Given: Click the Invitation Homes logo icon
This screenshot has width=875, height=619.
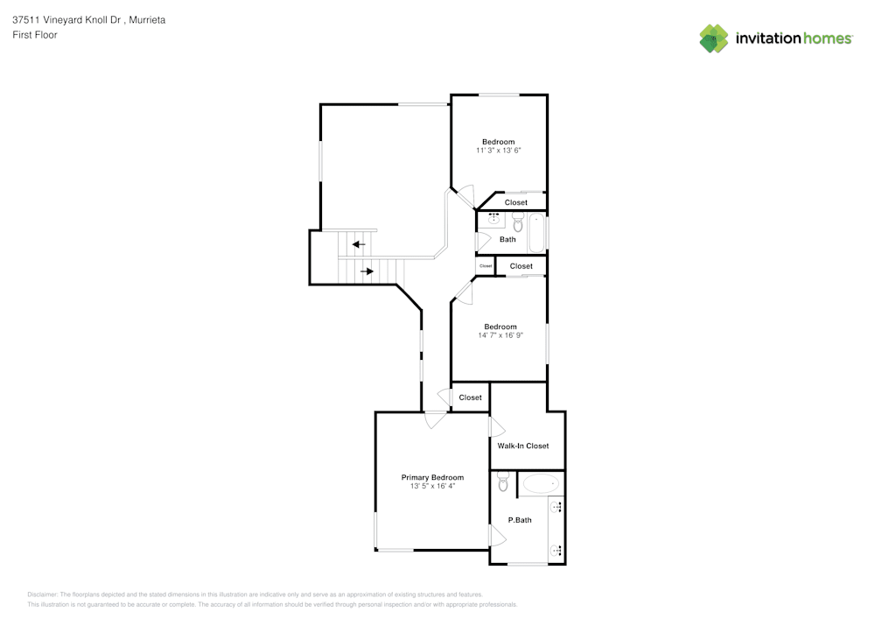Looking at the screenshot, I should (713, 39).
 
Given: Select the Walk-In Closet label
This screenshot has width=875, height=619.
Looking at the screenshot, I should (523, 446).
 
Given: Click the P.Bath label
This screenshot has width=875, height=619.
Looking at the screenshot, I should (520, 520).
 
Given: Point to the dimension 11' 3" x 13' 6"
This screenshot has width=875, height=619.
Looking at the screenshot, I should (499, 151).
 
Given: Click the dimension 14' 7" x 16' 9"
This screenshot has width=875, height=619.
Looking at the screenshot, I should (500, 335).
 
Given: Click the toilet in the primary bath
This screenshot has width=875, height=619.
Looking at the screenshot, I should (503, 481).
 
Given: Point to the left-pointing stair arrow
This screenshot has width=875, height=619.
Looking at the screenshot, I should (358, 244).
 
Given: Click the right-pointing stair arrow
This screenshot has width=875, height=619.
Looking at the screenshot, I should (367, 271).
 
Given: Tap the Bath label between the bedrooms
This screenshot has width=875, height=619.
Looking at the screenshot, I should (507, 239).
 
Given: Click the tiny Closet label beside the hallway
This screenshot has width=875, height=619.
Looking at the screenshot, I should (486, 265).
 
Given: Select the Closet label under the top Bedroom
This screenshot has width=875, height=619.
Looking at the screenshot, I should (516, 202).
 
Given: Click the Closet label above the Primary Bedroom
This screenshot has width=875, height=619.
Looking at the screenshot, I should (471, 397).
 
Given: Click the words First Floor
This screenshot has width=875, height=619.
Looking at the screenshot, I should (35, 35).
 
